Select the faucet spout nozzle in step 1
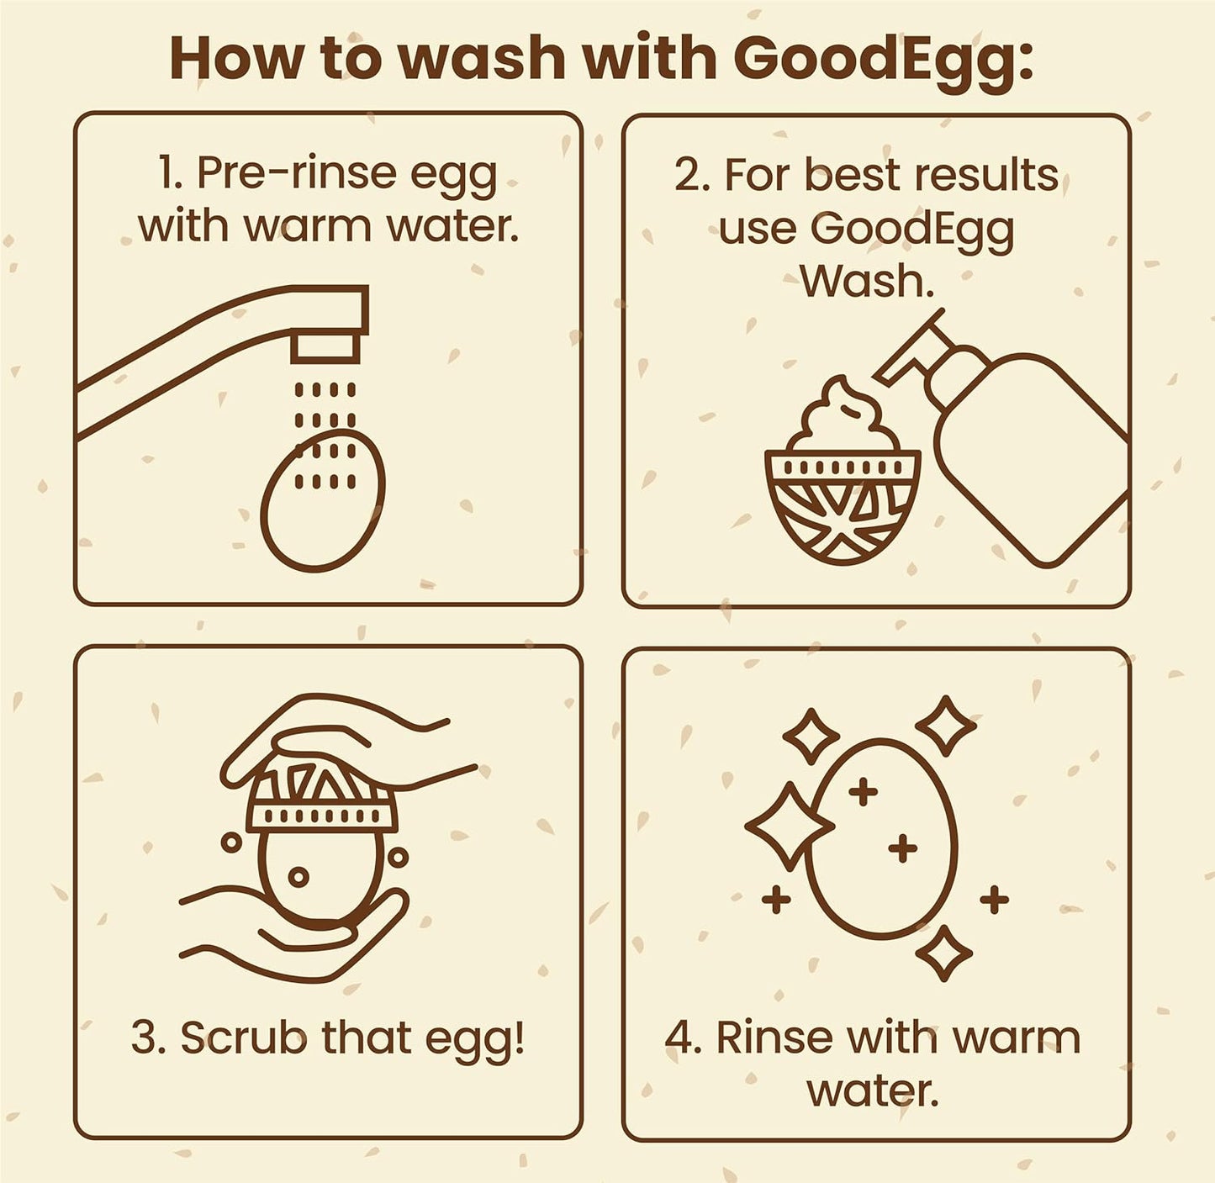[326, 347]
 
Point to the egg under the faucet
[322, 504]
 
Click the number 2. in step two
[692, 176]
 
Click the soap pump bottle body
[1034, 454]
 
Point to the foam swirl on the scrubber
[841, 416]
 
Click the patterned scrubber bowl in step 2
[842, 504]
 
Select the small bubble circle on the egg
[298, 877]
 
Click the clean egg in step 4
[881, 841]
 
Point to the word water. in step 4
[872, 1091]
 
